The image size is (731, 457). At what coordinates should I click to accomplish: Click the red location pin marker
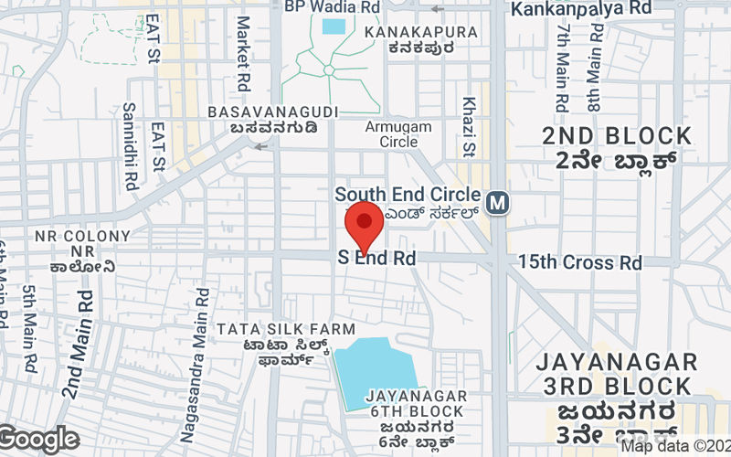tap(365, 227)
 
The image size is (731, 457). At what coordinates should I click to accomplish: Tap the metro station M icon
tap(498, 202)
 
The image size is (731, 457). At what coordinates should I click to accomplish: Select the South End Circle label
tap(407, 195)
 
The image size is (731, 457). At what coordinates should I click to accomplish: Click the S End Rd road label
tap(377, 259)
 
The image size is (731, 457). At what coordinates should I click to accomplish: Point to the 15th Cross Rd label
tap(580, 262)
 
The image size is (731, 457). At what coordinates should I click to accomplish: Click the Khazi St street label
tap(470, 126)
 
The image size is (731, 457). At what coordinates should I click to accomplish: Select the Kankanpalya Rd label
tap(581, 8)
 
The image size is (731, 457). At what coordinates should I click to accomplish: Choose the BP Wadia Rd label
tap(332, 6)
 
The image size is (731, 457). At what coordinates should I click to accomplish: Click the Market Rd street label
tap(243, 53)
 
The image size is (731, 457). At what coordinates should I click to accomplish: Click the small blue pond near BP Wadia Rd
tap(334, 26)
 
